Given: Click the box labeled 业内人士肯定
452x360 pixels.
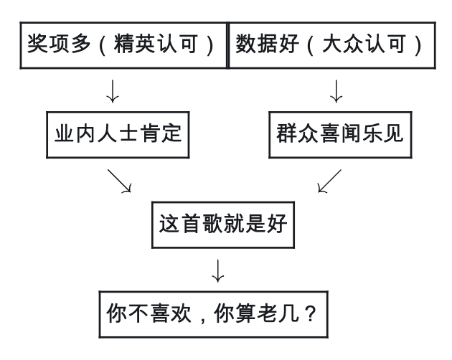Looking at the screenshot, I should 119,134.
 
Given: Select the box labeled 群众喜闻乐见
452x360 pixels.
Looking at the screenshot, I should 340,134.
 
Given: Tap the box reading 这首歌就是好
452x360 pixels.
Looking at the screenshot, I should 223,224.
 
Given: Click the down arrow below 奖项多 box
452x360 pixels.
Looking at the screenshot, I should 112,92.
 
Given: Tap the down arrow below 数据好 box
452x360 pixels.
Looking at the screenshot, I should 336,92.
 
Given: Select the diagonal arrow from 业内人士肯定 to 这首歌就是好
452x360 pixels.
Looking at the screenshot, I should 120,181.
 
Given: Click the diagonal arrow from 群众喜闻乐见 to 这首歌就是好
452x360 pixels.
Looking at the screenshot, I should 329,181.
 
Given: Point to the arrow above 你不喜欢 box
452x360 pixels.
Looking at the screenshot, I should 220,270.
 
